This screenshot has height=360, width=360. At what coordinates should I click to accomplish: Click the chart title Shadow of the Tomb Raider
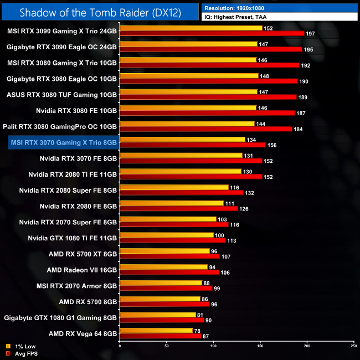coord(99,12)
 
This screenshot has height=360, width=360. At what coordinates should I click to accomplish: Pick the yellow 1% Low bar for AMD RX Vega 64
coord(156,331)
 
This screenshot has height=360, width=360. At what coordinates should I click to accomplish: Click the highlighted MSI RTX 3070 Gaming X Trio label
coord(64,142)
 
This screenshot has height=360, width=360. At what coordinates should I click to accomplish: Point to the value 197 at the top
coord(311,34)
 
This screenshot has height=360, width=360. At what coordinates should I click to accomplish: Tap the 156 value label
coord(271,145)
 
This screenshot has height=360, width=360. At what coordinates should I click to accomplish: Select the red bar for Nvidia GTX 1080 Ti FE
coord(172,240)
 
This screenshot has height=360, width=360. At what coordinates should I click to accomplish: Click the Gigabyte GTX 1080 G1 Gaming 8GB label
coord(60,318)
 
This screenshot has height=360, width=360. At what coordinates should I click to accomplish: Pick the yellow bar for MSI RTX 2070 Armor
coord(161,282)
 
